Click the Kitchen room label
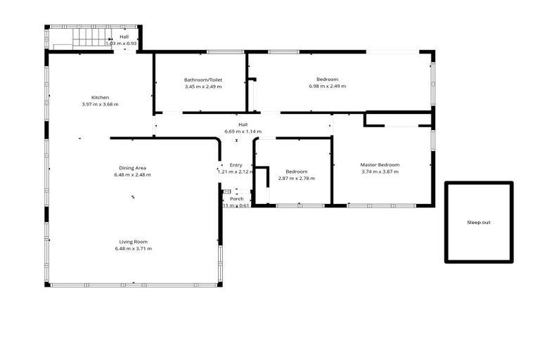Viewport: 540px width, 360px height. click(x=100, y=97)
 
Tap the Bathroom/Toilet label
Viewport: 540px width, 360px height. click(x=203, y=79)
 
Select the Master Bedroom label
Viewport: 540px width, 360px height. click(x=380, y=165)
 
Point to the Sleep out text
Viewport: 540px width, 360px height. click(x=478, y=222)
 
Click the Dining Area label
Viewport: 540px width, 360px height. click(x=132, y=167)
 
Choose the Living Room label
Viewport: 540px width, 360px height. click(x=133, y=241)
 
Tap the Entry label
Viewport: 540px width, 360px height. click(x=236, y=165)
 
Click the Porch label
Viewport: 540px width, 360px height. click(x=237, y=198)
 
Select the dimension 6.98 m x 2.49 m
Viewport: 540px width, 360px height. click(x=328, y=86)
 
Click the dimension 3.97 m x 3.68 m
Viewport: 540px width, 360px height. click(x=100, y=104)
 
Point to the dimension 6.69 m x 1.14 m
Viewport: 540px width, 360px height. click(x=243, y=131)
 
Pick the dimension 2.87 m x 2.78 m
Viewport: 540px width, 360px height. click(x=296, y=179)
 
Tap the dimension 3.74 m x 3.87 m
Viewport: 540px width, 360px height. click(x=380, y=172)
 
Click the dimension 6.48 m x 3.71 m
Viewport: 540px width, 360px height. click(x=133, y=248)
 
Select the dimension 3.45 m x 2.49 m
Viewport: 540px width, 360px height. click(x=203, y=86)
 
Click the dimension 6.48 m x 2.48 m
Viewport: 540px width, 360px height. click(x=132, y=174)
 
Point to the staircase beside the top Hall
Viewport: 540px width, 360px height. click(x=90, y=37)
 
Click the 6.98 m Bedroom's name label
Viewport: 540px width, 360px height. click(x=328, y=79)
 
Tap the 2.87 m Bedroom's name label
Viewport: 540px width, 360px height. click(x=296, y=172)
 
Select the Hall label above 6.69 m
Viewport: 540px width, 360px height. click(x=243, y=124)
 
